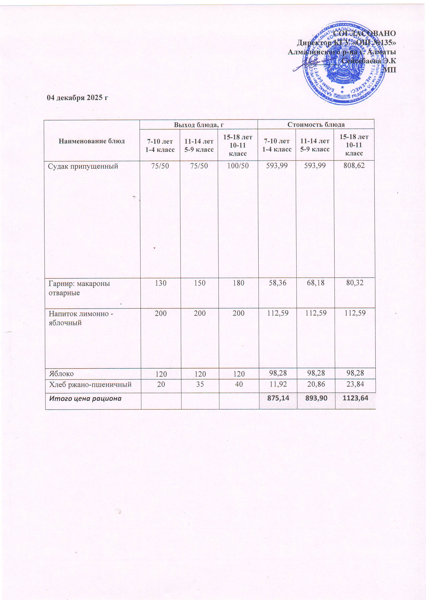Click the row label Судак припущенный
[83, 166]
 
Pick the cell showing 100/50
[238, 166]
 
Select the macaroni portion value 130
[160, 283]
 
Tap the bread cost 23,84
[355, 385]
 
